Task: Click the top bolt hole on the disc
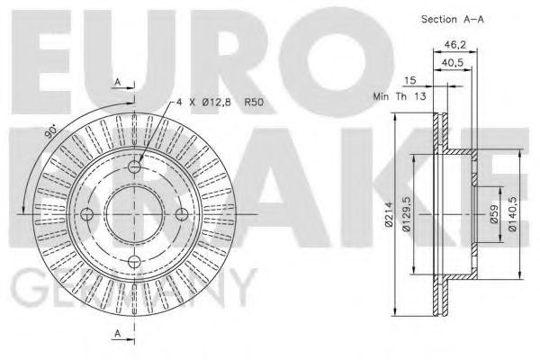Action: [133, 166]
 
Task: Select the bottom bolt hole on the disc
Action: [133, 261]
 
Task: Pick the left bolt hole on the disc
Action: [86, 214]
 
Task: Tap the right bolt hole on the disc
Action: [180, 214]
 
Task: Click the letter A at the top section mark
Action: [117, 83]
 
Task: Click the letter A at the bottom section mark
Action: [117, 334]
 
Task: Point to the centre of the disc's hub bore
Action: [133, 214]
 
